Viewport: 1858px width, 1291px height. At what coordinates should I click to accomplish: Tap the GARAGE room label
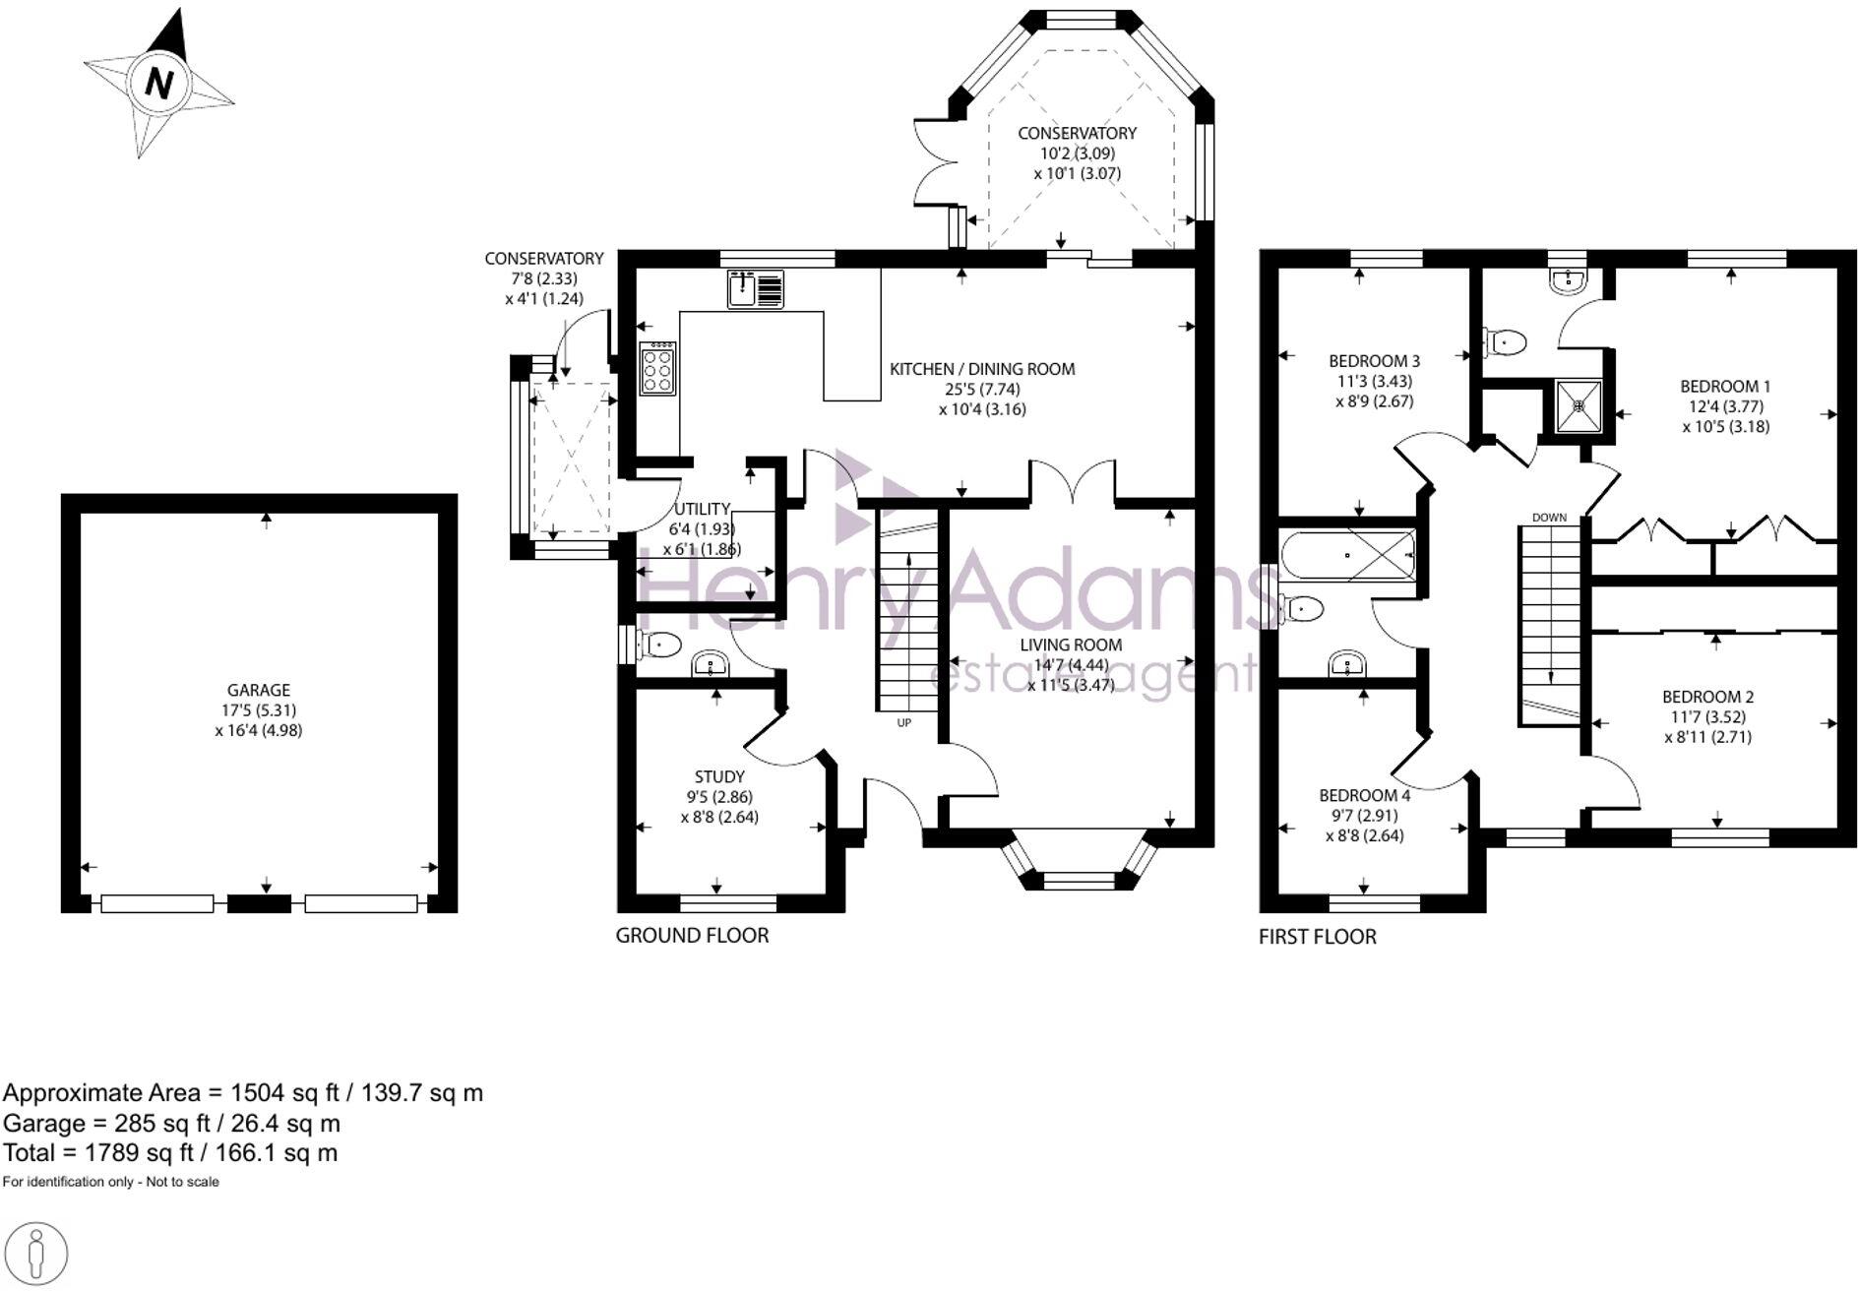coord(259,690)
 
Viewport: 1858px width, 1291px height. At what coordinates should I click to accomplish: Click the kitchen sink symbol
coord(756,289)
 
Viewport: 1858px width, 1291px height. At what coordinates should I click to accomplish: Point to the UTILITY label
coord(702,509)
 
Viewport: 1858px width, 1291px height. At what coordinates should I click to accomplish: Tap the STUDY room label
coord(719,776)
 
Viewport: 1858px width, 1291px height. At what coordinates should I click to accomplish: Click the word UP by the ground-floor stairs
coord(903,723)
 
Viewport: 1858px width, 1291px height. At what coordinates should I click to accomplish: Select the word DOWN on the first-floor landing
coord(1549,518)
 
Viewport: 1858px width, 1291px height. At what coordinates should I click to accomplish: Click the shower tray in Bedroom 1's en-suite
coord(1579,405)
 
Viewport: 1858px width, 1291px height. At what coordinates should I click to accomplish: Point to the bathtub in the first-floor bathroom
coord(1348,556)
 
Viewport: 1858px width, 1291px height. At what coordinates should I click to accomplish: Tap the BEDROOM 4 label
coord(1364,795)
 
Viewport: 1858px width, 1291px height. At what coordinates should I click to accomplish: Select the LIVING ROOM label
coord(1071,645)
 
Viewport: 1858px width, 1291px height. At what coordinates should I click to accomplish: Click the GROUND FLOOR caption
coord(692,935)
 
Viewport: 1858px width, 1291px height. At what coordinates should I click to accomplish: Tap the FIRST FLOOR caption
coord(1317,937)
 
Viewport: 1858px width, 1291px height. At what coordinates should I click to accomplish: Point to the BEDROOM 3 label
coord(1374,360)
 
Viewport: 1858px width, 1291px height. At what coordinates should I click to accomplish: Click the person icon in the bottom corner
coord(37,1255)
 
